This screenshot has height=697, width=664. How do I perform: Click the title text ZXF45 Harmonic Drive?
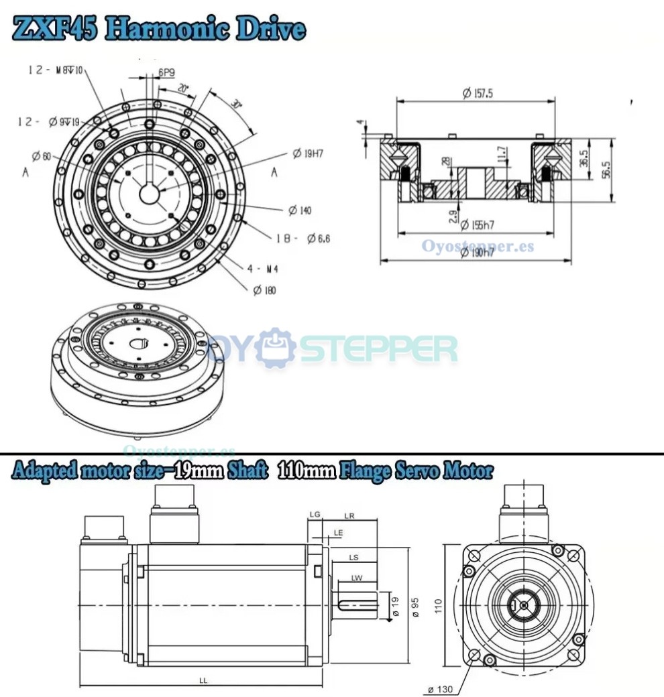[x=159, y=29]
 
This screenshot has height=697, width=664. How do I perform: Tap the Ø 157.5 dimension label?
[x=477, y=94]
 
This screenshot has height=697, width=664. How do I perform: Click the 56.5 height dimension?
[x=606, y=170]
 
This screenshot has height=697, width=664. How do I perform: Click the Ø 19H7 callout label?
[x=308, y=153]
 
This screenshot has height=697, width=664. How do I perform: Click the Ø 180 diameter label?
[x=264, y=290]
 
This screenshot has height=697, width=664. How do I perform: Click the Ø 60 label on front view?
[x=41, y=156]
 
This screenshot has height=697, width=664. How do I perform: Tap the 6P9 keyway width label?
[x=166, y=72]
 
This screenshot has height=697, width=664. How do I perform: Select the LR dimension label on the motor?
[x=349, y=515]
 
